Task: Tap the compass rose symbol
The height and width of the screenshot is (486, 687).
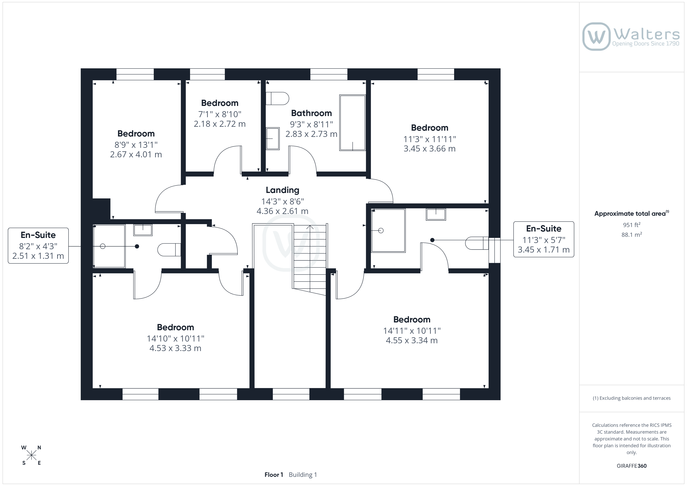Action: (x=31, y=455)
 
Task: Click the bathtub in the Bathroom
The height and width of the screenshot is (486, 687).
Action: (x=352, y=123)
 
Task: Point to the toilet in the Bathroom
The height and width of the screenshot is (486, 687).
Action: (x=277, y=99)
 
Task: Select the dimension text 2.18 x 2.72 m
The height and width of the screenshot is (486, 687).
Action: (x=220, y=124)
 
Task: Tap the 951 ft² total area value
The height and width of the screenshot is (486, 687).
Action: (x=631, y=225)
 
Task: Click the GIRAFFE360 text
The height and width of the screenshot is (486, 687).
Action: (x=631, y=466)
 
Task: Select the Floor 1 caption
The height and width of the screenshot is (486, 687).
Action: (x=273, y=475)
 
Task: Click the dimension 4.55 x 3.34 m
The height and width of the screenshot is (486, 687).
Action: (x=412, y=341)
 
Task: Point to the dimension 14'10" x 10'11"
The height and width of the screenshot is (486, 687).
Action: (x=175, y=338)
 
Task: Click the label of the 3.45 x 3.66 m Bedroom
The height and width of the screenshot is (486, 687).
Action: (x=429, y=128)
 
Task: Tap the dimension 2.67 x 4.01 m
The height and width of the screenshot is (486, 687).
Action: (x=136, y=154)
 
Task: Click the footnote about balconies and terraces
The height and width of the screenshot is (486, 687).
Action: (x=631, y=398)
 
